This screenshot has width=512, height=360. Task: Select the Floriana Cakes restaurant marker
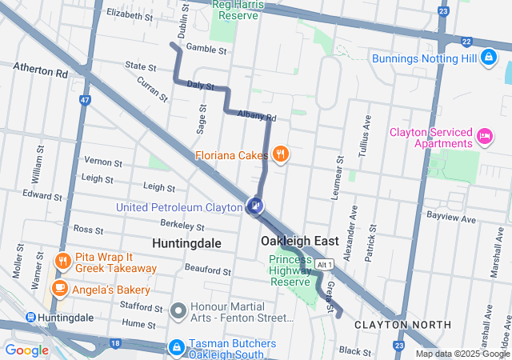(279, 154)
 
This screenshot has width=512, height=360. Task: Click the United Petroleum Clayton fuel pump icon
(255, 206)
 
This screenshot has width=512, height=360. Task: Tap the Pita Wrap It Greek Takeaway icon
(62, 261)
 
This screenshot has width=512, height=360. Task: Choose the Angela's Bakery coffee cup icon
(59, 287)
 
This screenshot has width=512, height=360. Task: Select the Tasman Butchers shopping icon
(176, 346)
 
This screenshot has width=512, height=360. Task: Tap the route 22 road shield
(466, 41)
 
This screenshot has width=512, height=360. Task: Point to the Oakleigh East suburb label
(299, 241)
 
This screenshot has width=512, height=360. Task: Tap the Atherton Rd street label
(40, 72)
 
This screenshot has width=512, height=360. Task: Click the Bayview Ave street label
(451, 218)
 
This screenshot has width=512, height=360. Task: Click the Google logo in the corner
(26, 350)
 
